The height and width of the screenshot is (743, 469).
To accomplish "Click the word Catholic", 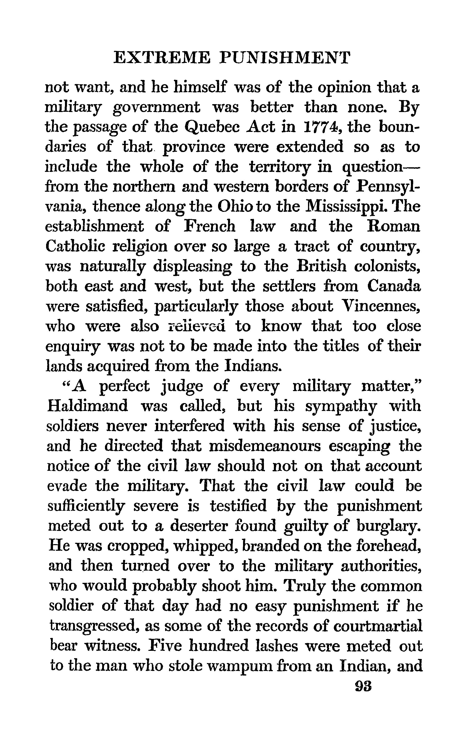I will pos(75,246).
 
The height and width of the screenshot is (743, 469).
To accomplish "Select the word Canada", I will pos(394,286).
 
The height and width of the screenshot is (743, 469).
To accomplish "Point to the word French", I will pos(209,226).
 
